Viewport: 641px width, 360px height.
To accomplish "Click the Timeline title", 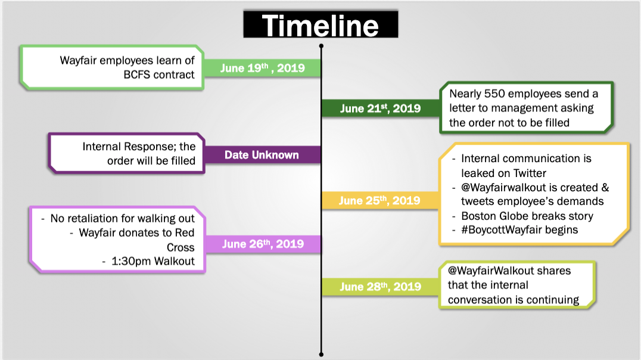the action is pyautogui.click(x=320, y=26).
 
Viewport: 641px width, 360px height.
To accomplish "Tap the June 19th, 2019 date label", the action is pyautogui.click(x=263, y=67).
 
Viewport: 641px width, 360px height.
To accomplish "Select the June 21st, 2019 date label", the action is pyautogui.click(x=380, y=108).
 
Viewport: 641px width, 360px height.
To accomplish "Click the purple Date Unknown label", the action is pyautogui.click(x=262, y=155).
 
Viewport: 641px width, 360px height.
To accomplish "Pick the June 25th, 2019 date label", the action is pyautogui.click(x=379, y=200).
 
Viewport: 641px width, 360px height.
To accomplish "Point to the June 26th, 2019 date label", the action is pyautogui.click(x=263, y=244).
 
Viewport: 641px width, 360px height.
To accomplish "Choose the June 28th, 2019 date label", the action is pyautogui.click(x=380, y=286).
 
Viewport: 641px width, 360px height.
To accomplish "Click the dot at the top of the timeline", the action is pyautogui.click(x=321, y=46).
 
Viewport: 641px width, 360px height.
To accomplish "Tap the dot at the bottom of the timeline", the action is pyautogui.click(x=321, y=354).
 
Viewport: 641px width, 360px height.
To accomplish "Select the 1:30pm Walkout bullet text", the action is pyautogui.click(x=153, y=261).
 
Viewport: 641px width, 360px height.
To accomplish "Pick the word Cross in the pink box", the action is pyautogui.click(x=181, y=247).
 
